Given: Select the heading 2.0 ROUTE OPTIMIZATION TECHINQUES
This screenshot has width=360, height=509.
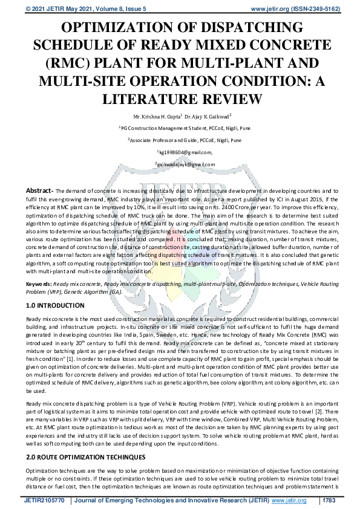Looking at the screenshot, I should point(85,458).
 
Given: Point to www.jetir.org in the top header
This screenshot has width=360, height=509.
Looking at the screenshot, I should point(269,9).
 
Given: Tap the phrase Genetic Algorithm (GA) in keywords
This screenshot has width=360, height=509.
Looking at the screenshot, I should point(98,291).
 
